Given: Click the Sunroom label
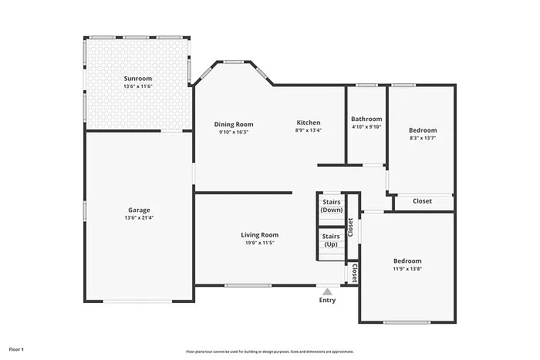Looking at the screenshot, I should pyautogui.click(x=138, y=79).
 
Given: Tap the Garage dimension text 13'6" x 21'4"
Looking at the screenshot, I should pyautogui.click(x=139, y=218).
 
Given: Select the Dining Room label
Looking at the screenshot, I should pyautogui.click(x=234, y=124).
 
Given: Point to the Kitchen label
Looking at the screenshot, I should pyautogui.click(x=309, y=123).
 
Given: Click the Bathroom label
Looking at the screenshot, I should pyautogui.click(x=366, y=119).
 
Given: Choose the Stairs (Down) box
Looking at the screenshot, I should pyautogui.click(x=332, y=206).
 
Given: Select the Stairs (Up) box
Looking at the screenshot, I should pyautogui.click(x=331, y=241).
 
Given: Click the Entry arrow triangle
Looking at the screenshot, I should pyautogui.click(x=327, y=291).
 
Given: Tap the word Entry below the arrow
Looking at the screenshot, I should pyautogui.click(x=327, y=301).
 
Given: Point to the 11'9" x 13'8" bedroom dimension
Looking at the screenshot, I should pyautogui.click(x=407, y=268).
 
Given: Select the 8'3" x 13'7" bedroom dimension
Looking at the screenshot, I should pyautogui.click(x=423, y=139).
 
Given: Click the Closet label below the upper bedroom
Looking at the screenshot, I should pyautogui.click(x=423, y=201).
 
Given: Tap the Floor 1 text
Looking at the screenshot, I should pyautogui.click(x=16, y=349).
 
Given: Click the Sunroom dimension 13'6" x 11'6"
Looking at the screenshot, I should pyautogui.click(x=138, y=86).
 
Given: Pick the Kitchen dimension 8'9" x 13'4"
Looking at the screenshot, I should pyautogui.click(x=309, y=130).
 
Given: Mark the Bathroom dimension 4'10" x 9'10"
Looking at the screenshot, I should pyautogui.click(x=366, y=126).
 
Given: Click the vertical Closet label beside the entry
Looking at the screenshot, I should pyautogui.click(x=354, y=273).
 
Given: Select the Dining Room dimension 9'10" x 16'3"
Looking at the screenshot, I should pyautogui.click(x=234, y=132).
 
